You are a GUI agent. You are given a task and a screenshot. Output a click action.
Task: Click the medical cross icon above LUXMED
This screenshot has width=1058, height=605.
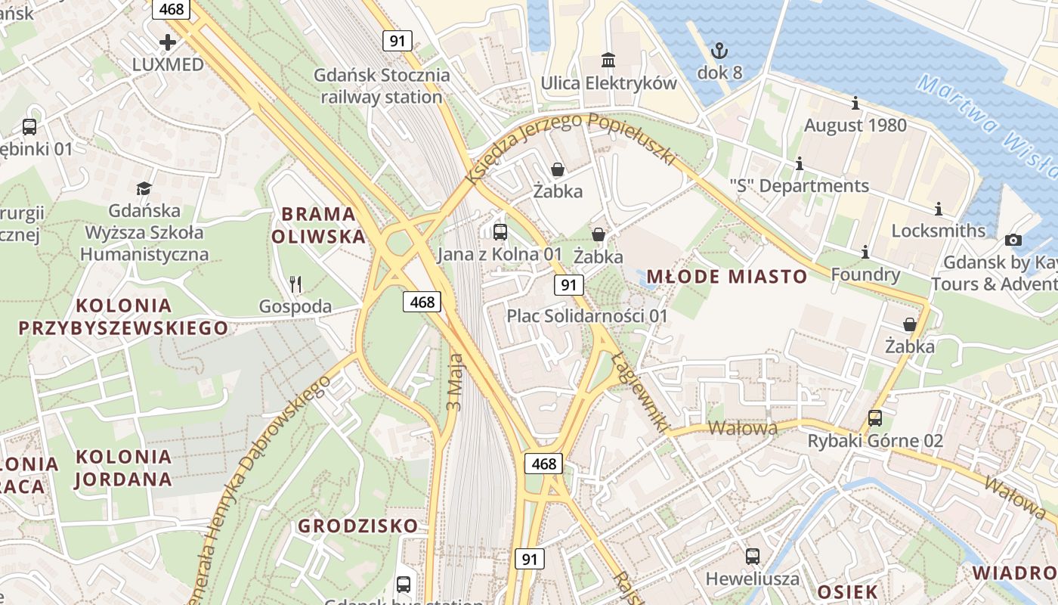[x=167, y=42]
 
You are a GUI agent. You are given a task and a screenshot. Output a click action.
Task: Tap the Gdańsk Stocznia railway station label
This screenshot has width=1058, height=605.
[x=382, y=86]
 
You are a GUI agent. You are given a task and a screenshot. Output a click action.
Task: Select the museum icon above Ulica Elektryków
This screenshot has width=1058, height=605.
[x=608, y=59]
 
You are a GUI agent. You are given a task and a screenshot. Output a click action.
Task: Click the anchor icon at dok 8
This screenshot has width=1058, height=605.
[x=719, y=51]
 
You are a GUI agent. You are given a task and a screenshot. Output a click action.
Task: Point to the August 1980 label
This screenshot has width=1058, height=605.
[x=855, y=125]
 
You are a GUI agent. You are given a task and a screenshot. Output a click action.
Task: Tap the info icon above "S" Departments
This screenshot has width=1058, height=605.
[x=799, y=163]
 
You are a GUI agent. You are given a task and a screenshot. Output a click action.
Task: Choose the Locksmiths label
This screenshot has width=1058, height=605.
[x=938, y=231]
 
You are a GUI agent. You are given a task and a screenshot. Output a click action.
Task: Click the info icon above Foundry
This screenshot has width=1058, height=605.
[x=865, y=252]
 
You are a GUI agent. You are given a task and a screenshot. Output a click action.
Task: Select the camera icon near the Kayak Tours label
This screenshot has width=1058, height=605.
[x=1013, y=240]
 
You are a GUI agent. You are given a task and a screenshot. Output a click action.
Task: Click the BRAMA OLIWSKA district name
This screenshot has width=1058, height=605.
[x=318, y=225]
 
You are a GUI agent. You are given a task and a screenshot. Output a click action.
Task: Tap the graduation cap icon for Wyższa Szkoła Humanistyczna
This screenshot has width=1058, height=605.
[x=144, y=188]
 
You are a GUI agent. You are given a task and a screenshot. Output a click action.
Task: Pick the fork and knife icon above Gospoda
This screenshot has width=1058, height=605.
[x=295, y=284]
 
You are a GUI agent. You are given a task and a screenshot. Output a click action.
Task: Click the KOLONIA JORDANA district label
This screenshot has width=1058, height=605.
[x=124, y=467]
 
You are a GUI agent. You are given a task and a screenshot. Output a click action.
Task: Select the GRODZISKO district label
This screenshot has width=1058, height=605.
[x=357, y=526]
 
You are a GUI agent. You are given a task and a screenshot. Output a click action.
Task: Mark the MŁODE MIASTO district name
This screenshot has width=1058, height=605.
[x=727, y=277]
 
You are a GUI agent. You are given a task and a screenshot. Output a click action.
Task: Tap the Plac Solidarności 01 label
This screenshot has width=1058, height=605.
[x=587, y=315]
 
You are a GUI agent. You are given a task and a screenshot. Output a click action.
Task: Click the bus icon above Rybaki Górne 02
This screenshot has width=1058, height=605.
[x=874, y=417]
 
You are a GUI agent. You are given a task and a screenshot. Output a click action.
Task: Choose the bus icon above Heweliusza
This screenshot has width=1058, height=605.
[x=752, y=557]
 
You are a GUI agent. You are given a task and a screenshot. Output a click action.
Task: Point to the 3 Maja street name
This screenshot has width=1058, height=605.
[x=454, y=382]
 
